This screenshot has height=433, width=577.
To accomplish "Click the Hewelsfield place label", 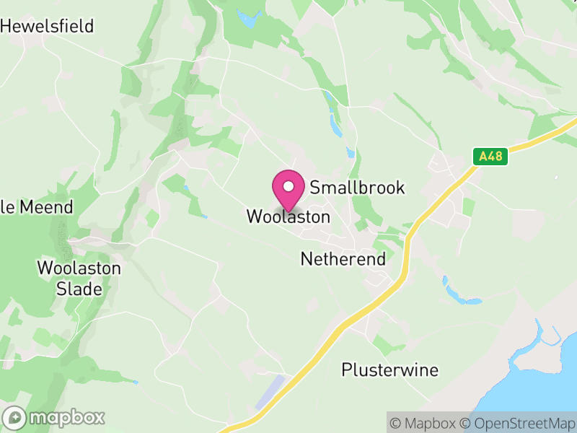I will (x=48, y=27).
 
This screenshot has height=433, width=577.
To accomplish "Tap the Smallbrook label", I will (x=357, y=188).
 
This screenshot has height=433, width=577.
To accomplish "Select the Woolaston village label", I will (x=288, y=216).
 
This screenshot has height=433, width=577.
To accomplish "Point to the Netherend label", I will (x=343, y=258).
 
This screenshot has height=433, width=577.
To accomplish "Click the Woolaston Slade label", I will (x=79, y=279).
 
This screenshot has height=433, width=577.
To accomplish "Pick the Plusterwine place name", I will (x=389, y=370).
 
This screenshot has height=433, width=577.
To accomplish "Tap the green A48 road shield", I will (x=490, y=156).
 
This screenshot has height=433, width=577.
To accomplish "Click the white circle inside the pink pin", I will (x=288, y=187).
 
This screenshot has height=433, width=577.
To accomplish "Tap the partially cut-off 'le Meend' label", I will (x=37, y=207).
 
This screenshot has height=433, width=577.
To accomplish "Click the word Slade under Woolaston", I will (x=79, y=289).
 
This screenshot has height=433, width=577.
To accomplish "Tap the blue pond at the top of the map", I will (x=248, y=20).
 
